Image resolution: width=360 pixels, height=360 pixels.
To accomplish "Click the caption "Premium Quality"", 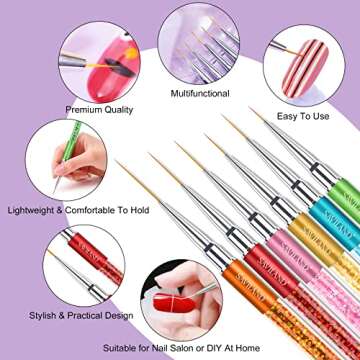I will (x=97, y=108).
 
